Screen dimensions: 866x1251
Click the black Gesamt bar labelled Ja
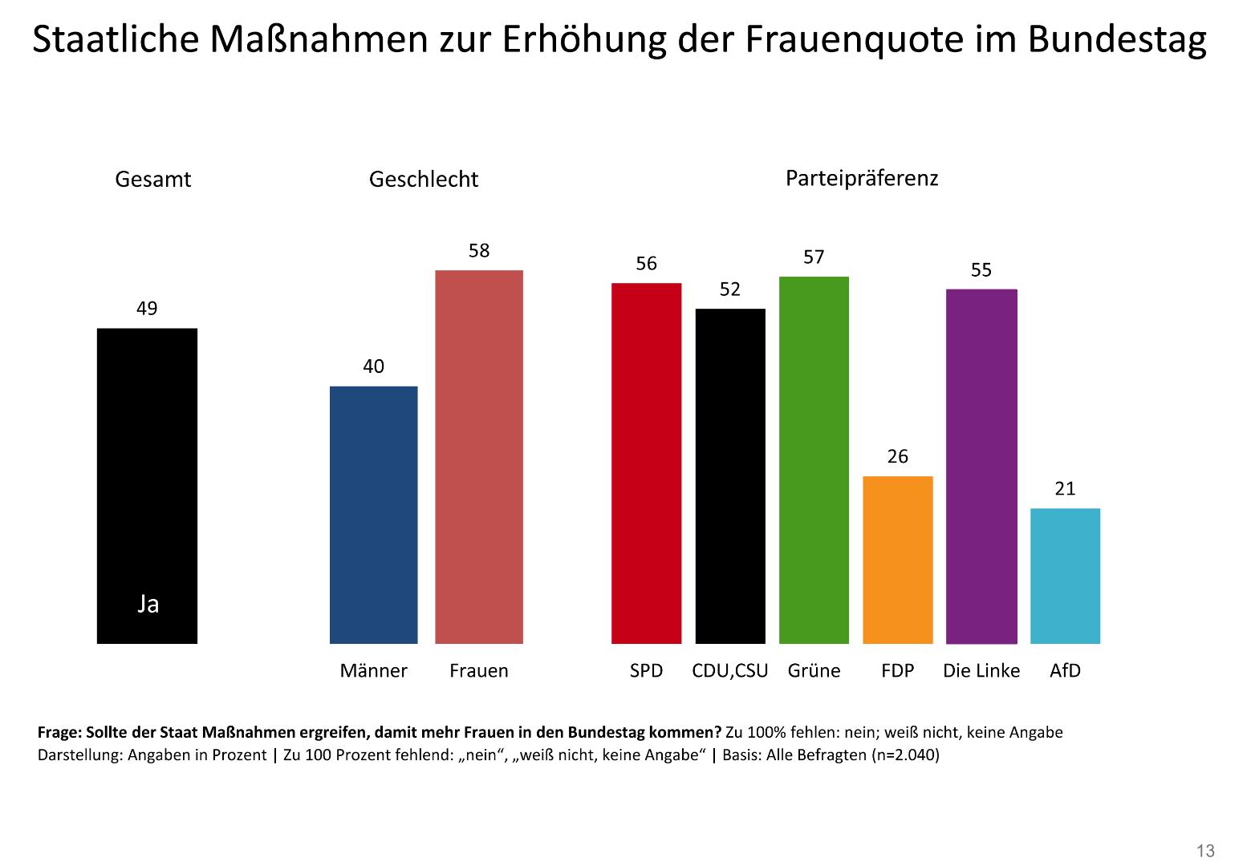147,485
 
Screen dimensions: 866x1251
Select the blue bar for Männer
373,515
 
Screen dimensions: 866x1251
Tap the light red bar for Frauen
478,457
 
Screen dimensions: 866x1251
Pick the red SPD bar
646,463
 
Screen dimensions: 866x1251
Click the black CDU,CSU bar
730,476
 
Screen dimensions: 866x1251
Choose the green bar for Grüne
814,460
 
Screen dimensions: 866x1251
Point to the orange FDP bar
897,560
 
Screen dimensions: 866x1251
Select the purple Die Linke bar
981,467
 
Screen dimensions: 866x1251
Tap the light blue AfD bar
1065,576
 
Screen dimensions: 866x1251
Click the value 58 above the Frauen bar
479,251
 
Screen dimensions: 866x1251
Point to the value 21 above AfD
1065,489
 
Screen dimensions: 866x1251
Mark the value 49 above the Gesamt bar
147,309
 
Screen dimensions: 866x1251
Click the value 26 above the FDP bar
897,457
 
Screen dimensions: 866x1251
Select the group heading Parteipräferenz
861,178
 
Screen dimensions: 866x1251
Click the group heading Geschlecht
423,180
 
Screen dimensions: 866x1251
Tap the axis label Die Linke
981,671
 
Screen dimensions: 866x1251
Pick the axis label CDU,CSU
729,671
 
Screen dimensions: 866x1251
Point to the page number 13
1205,851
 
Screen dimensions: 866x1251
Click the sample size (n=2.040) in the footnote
905,755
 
